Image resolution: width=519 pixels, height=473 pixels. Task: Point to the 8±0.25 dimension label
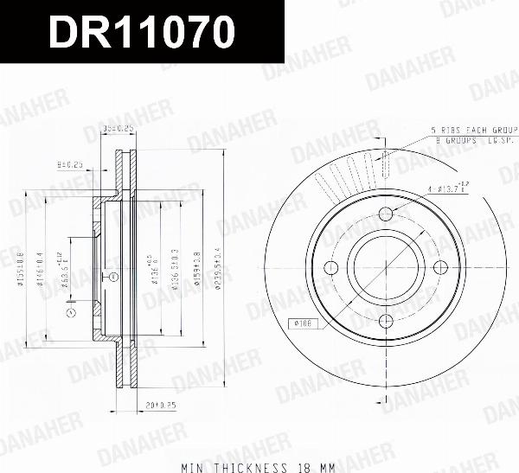[x=69, y=162]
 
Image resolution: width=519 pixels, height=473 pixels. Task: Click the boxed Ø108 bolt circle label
[x=303, y=323]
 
